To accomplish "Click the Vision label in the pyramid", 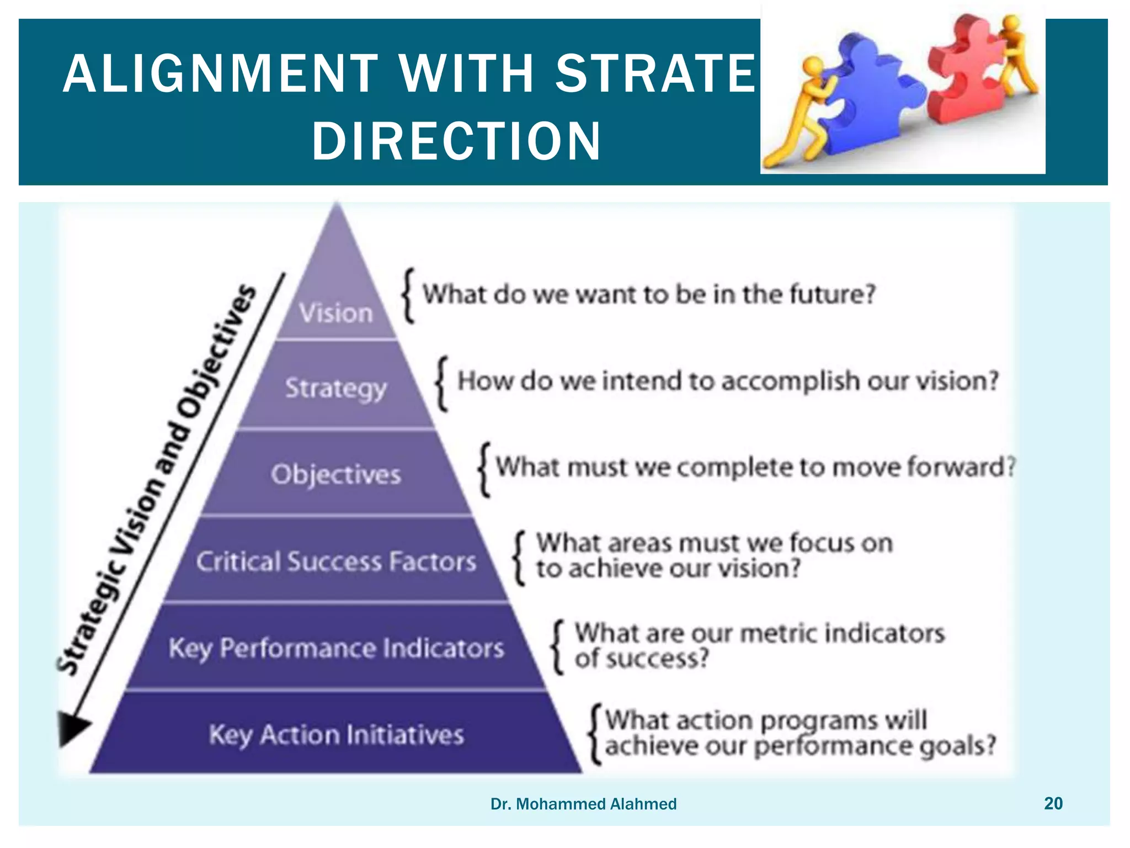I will coord(336,313).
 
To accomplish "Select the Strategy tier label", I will coord(336,389).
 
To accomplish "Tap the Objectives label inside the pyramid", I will coord(336,475).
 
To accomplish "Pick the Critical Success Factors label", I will coord(336,561).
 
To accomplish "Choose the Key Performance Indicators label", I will coord(336,648).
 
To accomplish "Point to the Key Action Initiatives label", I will coord(336,735).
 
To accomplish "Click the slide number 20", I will coord(1053,803).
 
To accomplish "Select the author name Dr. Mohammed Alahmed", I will coord(583,804).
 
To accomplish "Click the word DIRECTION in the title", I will coord(456,141).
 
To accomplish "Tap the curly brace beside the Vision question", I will coord(408,295).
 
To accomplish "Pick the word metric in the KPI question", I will coord(777,633).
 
